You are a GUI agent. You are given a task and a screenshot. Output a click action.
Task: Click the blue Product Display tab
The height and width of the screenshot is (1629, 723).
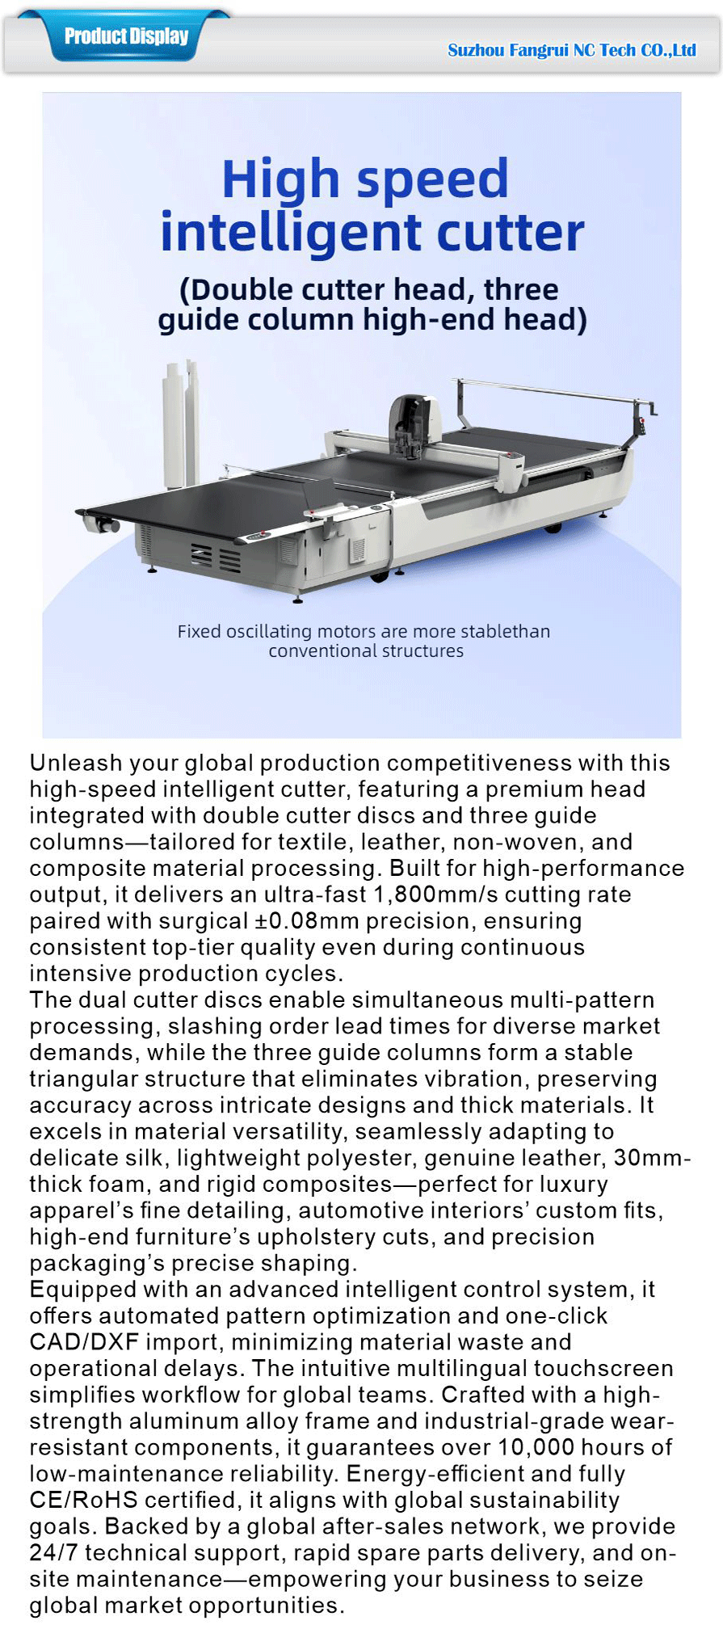coord(126,36)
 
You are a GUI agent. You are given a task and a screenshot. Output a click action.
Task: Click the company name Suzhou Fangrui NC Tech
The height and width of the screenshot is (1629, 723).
coord(571,50)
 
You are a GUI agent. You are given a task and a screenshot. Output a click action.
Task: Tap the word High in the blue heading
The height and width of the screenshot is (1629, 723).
coord(280,179)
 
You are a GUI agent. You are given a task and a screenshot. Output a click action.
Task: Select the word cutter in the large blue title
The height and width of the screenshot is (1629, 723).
coord(510,233)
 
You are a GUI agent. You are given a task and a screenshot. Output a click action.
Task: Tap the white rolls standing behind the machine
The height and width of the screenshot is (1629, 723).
coord(181,424)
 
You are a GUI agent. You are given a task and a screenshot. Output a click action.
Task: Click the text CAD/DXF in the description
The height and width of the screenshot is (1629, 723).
coord(84,1342)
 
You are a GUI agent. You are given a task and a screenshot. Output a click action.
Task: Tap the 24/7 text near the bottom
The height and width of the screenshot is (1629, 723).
coord(53,1552)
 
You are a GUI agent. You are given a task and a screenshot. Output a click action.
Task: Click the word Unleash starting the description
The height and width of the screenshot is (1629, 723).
coord(75,763)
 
